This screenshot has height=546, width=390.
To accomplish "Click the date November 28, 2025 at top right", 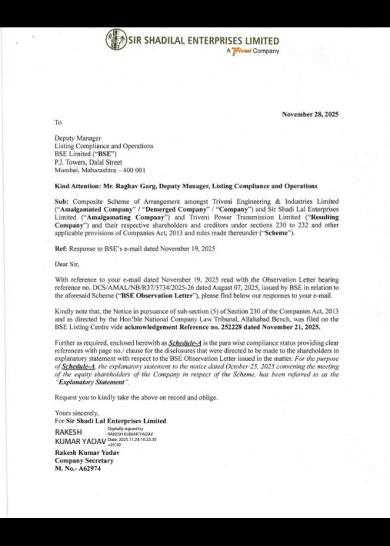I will (310, 114).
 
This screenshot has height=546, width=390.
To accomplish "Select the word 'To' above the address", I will (58, 122).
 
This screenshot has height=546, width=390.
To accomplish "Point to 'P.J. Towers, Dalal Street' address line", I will (88, 162).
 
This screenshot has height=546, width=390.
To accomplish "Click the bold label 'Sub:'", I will (61, 202).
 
